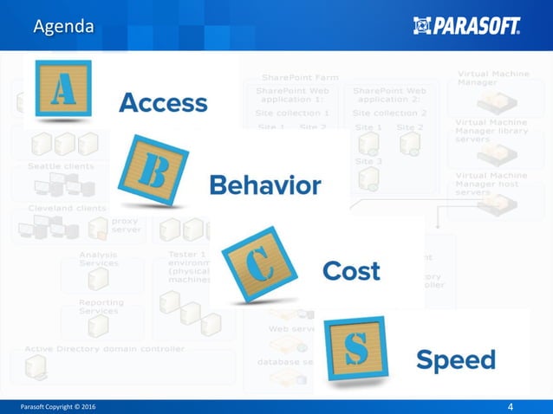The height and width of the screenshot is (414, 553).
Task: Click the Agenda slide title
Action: [x=62, y=27]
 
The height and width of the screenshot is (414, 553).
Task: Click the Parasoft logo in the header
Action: [x=467, y=26]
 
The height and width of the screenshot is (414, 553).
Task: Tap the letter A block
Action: [x=62, y=88]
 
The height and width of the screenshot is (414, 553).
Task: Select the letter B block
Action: [x=152, y=171]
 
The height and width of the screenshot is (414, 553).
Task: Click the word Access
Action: [x=163, y=103]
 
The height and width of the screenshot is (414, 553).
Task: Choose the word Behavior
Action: [x=265, y=184]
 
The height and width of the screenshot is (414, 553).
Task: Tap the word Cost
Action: [x=351, y=271]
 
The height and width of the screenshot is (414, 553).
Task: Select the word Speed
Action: [x=455, y=359]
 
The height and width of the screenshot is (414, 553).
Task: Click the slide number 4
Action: [x=511, y=405]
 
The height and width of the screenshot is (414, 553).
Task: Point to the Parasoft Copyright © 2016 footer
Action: [x=59, y=405]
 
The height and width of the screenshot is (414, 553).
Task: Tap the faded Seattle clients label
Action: [x=61, y=166]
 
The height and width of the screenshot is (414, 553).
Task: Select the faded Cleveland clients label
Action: [x=67, y=208]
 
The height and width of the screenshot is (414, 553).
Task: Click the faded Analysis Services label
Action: [x=99, y=259]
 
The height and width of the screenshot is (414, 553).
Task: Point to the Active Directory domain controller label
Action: [x=104, y=349]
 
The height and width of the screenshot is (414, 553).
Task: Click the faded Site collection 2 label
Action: [x=388, y=113]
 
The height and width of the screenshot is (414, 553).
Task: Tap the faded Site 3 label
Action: [x=368, y=161]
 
